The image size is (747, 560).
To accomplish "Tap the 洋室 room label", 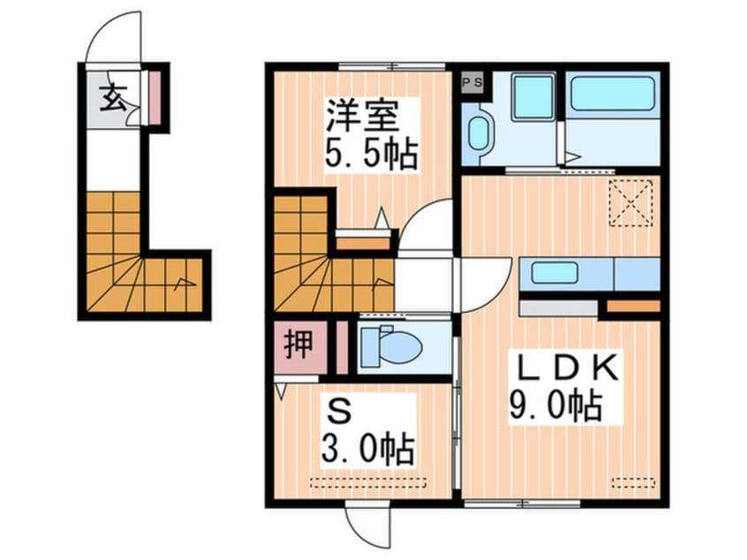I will [x=362, y=115].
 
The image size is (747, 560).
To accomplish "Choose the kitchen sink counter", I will [x=561, y=274].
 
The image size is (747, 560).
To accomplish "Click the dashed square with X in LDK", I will [x=630, y=202].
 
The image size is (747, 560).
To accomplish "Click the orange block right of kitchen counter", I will [x=633, y=306].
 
